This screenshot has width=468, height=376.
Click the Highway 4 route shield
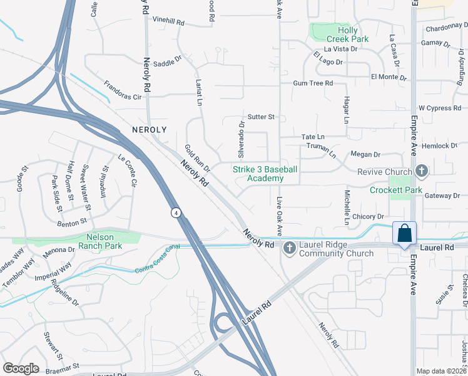pyautogui.click(x=178, y=213)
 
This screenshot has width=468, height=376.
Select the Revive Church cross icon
pyautogui.click(x=422, y=171)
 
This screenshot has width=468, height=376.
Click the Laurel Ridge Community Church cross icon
pyautogui.click(x=289, y=249)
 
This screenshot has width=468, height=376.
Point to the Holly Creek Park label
pyautogui.click(x=353, y=34)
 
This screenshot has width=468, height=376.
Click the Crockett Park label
pyautogui.click(x=395, y=190)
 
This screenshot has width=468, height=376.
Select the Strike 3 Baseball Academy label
pyautogui.click(x=265, y=174)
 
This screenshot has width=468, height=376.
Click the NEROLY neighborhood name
pyautogui.click(x=150, y=129)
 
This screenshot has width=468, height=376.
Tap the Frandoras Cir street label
pyautogui.click(x=123, y=97)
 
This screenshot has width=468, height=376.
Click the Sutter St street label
pyautogui.click(x=261, y=117)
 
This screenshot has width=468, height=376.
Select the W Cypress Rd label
pyautogui.click(x=439, y=108)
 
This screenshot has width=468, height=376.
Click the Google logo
pyautogui.click(x=21, y=368)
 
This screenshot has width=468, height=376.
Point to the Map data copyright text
pyautogui.click(x=441, y=371)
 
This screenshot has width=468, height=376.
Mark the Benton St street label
pyautogui.click(x=72, y=222)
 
